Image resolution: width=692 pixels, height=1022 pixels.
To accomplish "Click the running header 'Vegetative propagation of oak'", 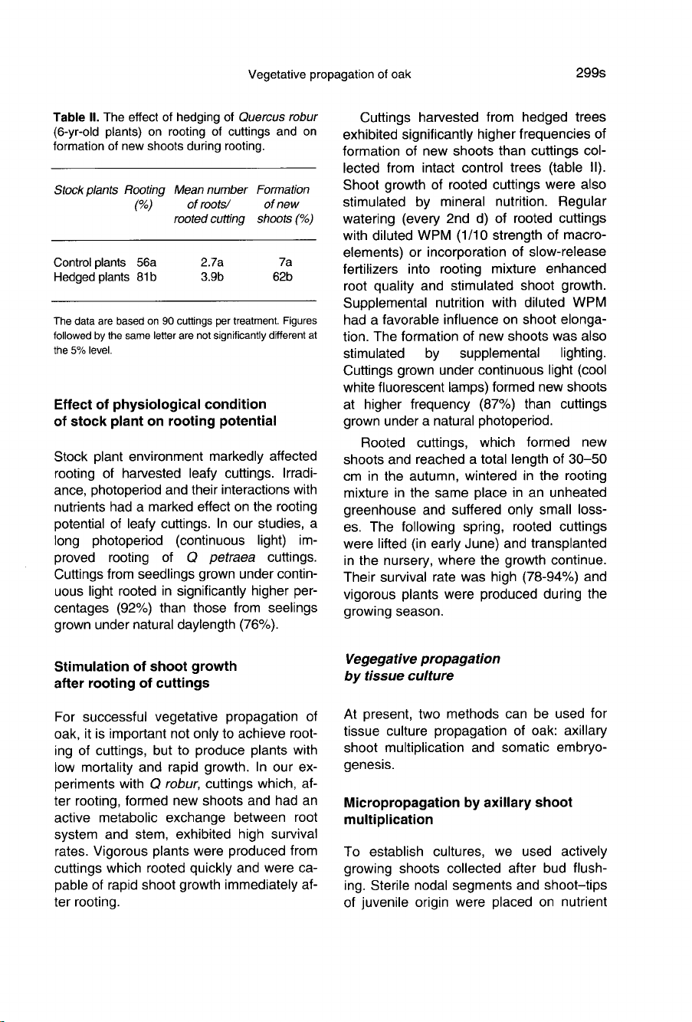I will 330,74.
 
